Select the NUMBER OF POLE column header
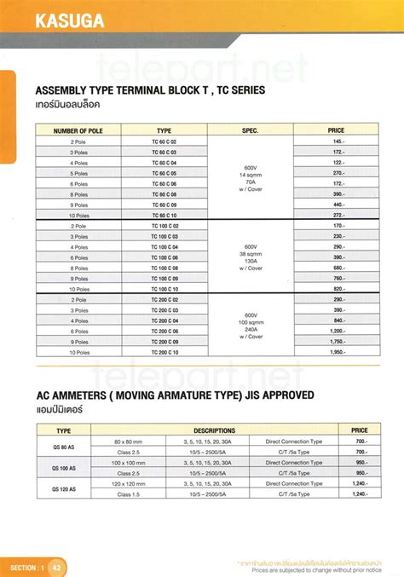pyautogui.click(x=78, y=130)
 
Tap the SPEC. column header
pyautogui.click(x=250, y=130)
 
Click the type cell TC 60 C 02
pyautogui.click(x=164, y=141)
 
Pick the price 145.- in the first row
pyautogui.click(x=338, y=141)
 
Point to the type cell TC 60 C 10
pyautogui.click(x=164, y=215)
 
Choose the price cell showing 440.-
pyautogui.click(x=338, y=205)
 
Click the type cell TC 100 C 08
pyautogui.click(x=164, y=268)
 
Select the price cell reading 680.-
pyautogui.click(x=338, y=268)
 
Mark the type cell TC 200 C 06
pyautogui.click(x=164, y=331)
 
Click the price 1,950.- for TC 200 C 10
pyautogui.click(x=338, y=352)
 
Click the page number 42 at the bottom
pyautogui.click(x=56, y=567)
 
